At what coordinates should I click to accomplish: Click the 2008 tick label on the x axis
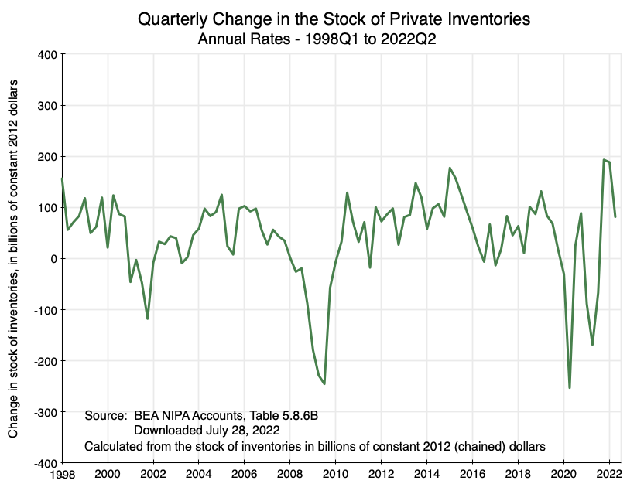coord(290,474)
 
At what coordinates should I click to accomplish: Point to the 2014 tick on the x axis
coord(427,474)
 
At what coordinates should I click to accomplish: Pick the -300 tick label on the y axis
coord(43,412)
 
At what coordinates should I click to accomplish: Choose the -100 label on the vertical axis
coord(43,310)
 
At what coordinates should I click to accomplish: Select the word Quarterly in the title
coord(171,19)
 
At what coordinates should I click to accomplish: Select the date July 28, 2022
coord(239,430)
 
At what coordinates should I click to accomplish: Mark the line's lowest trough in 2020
coord(570,387)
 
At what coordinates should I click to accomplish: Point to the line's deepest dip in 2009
coord(324,383)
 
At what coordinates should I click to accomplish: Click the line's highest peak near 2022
coord(604,160)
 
